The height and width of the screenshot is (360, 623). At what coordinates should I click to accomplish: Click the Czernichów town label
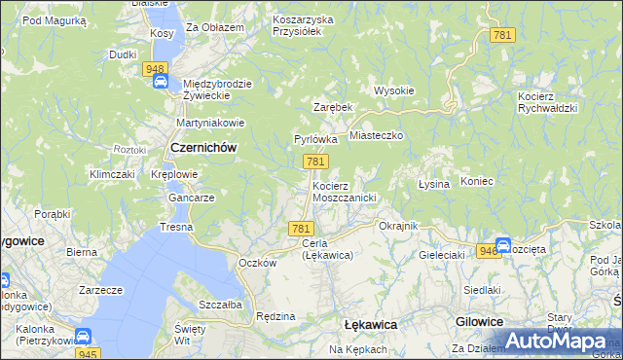[203, 147]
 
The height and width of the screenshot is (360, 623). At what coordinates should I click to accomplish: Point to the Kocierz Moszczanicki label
[344, 191]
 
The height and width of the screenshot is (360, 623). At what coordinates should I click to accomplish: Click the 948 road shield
[154, 69]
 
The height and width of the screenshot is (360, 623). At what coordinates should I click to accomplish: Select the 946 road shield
[489, 251]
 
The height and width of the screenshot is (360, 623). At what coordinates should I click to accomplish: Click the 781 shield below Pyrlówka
[313, 162]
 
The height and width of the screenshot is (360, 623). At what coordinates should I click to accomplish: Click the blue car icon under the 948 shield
[160, 83]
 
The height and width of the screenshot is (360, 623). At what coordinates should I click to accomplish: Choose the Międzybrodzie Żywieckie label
[217, 90]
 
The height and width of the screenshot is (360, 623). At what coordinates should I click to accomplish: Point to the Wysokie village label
[394, 90]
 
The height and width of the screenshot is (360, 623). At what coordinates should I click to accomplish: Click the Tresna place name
[177, 227]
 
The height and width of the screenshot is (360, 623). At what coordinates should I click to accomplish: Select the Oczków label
[258, 263]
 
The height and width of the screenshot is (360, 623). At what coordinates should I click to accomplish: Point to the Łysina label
[433, 184]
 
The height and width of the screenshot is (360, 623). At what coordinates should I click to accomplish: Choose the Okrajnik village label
[397, 226]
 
